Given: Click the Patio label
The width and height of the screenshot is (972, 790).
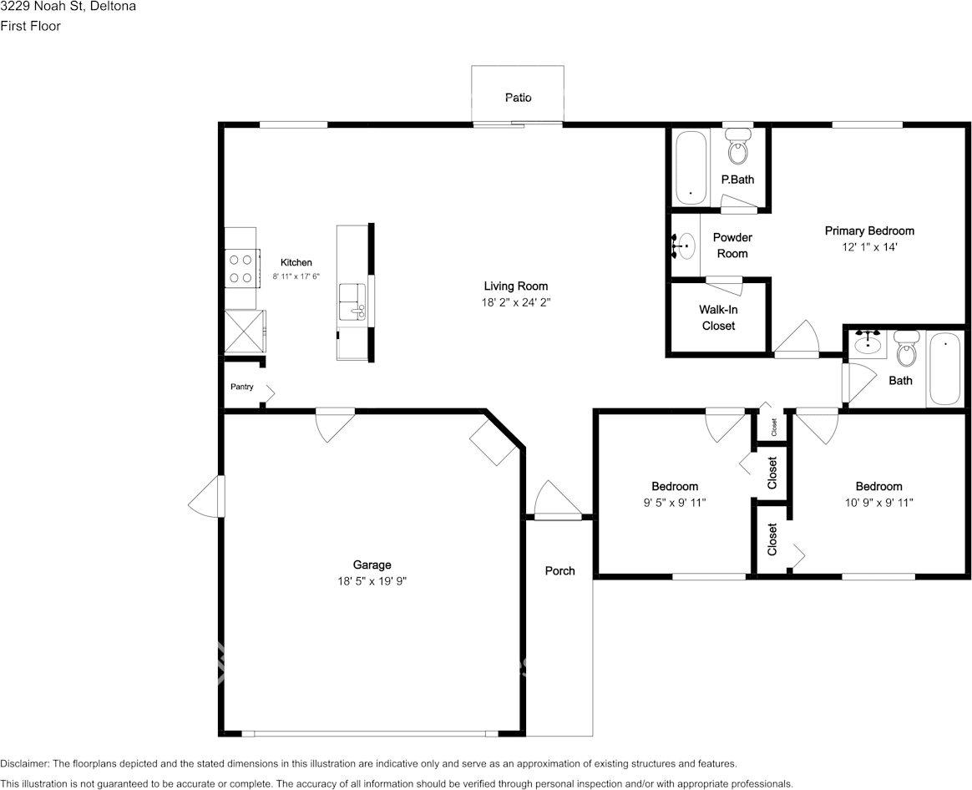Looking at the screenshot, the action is (x=518, y=98).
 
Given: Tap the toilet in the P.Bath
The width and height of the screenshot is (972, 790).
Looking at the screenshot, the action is (x=737, y=146).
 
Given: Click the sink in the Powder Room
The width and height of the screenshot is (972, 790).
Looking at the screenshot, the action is (x=685, y=246).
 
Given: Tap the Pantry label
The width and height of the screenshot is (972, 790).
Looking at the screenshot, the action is (x=242, y=387).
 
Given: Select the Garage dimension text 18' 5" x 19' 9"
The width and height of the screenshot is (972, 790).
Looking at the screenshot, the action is (x=372, y=581).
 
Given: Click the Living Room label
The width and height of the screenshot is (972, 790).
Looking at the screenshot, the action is (x=516, y=286).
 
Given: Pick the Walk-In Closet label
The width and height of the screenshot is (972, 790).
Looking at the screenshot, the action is (x=718, y=317).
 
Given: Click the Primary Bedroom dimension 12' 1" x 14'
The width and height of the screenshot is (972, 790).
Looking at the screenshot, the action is (x=870, y=247).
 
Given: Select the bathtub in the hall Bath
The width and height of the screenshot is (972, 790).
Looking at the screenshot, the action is (x=945, y=369).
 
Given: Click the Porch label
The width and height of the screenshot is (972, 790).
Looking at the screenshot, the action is (x=559, y=570).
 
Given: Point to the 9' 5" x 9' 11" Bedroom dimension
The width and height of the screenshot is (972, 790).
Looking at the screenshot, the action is (x=675, y=502).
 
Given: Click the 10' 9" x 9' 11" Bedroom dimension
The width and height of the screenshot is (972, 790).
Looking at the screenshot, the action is (x=878, y=502).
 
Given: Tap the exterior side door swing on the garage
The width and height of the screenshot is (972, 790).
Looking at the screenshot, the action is (x=205, y=496).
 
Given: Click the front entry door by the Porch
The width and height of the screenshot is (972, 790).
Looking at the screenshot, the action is (x=554, y=499).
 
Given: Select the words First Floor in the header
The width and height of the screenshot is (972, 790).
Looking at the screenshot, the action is (x=30, y=26).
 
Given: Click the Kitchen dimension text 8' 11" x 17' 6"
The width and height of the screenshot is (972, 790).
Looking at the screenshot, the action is (x=296, y=276).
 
